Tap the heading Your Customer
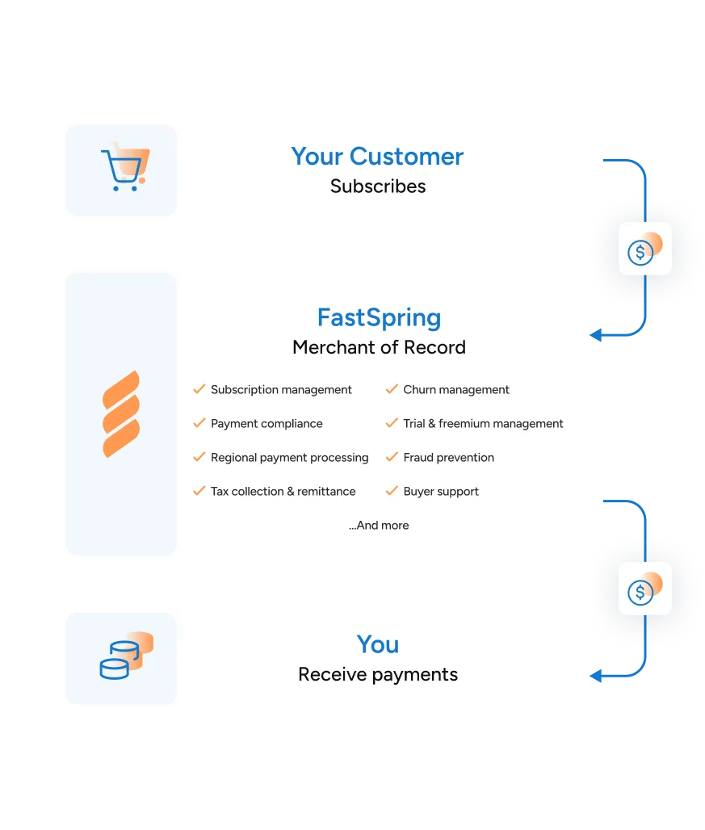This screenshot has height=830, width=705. [377, 156]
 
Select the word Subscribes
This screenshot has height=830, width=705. [377, 187]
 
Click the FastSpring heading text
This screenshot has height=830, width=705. [379, 317]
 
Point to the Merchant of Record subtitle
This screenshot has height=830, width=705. [379, 348]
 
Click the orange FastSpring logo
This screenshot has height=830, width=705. [121, 414]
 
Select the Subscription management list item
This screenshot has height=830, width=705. [281, 390]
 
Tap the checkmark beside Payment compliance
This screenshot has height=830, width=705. [199, 423]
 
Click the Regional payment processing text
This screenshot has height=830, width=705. [289, 458]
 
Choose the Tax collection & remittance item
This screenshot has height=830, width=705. [283, 492]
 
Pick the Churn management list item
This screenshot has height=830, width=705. [456, 390]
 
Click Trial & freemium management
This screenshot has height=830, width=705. [483, 424]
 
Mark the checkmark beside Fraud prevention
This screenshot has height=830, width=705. [392, 457]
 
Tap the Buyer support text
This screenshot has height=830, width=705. [441, 492]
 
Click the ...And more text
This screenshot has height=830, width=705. [379, 526]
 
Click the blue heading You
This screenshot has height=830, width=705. [378, 644]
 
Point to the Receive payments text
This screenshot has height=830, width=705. [378, 675]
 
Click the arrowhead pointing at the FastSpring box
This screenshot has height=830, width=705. [594, 334]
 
